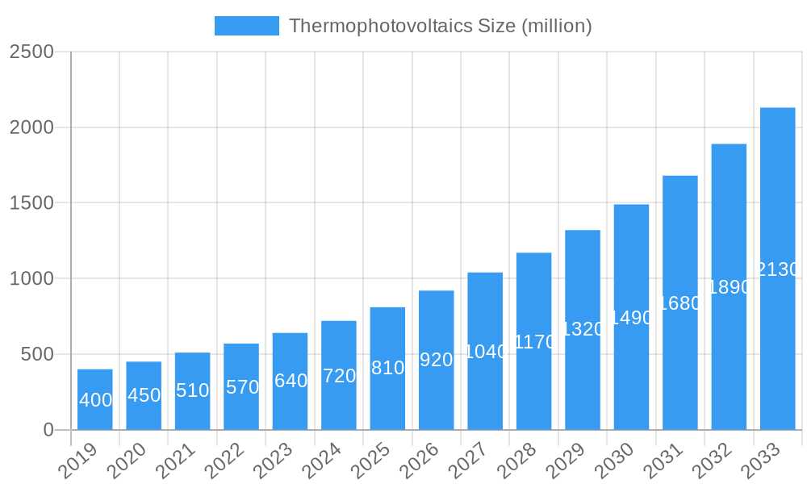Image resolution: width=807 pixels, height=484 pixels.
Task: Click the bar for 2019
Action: tap(95, 399)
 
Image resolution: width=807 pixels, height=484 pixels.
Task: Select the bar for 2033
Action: tap(777, 269)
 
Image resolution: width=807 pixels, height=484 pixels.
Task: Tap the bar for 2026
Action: tap(436, 360)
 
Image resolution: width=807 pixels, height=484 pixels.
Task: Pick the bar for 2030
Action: tap(631, 317)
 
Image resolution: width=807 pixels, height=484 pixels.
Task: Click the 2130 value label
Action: tap(778, 269)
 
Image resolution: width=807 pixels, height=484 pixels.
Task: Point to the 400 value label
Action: tap(95, 400)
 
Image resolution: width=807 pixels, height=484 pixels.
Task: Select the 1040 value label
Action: tap(486, 352)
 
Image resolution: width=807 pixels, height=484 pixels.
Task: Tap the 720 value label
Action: tap(339, 376)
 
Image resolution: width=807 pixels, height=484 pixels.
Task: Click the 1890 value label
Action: tap(729, 287)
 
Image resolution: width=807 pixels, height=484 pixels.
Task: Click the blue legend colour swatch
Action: tap(246, 26)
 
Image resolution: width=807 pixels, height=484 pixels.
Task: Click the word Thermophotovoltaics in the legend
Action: tap(367, 26)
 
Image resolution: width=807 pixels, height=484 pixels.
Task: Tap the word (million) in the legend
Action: tap(557, 26)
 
